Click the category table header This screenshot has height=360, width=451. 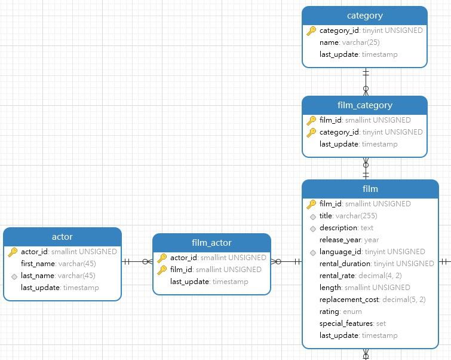pos(364,16)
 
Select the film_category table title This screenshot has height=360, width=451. pos(364,105)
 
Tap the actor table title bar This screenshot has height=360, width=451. pos(62,237)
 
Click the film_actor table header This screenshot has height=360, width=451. pos(211,243)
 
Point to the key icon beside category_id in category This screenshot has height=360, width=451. pos(311,30)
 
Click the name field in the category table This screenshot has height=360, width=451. pos(329,42)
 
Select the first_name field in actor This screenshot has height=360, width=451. pos(39,264)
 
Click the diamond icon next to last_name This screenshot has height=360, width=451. pos(14,276)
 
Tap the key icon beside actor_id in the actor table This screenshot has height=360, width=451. pos(13,252)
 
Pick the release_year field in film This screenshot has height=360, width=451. pos(340,240)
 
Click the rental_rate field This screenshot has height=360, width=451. pos(338,276)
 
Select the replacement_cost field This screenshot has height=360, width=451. pos(349,300)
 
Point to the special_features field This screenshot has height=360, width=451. pos(346,324)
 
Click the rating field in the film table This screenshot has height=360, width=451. pos(330,312)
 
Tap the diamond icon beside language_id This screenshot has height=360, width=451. pos(312,252)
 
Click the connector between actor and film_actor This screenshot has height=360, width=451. pos(137,261)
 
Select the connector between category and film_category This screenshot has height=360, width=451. pos(366,82)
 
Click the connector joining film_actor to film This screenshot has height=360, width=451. pos(286,261)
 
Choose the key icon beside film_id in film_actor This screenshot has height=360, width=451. pos(162,270)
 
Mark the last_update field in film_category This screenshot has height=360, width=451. pos(339,144)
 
